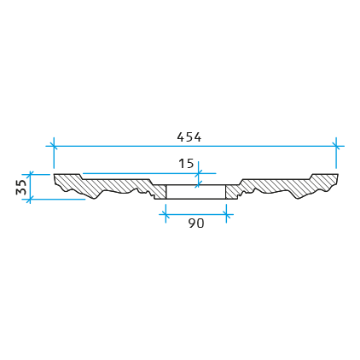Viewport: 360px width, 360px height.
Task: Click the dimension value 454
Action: [x=189, y=137]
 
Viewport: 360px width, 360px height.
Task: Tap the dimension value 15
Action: [x=186, y=164]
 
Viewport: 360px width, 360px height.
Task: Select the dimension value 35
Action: [x=21, y=187]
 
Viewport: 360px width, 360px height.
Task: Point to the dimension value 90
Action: [x=196, y=224]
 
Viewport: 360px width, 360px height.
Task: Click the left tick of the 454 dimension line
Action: [x=54, y=146]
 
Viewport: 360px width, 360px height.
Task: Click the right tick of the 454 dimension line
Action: [x=336, y=146]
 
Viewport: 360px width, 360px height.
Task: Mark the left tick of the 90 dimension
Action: [x=165, y=214]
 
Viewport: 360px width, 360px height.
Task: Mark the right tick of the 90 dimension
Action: [x=226, y=214]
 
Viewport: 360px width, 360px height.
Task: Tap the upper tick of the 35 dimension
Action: [x=30, y=174]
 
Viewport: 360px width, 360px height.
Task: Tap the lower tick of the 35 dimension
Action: [x=30, y=199]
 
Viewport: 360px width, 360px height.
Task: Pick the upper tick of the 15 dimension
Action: [x=199, y=173]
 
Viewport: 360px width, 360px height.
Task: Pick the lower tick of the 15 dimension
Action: [x=199, y=184]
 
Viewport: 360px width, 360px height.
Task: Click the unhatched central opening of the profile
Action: [x=196, y=192]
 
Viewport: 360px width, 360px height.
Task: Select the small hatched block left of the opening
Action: [x=160, y=192]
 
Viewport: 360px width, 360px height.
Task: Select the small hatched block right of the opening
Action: [x=232, y=192]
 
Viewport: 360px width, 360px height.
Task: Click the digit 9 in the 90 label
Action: [x=192, y=224]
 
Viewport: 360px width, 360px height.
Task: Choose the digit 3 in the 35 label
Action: [x=21, y=191]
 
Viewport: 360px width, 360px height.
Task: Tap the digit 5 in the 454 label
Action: [x=189, y=137]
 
